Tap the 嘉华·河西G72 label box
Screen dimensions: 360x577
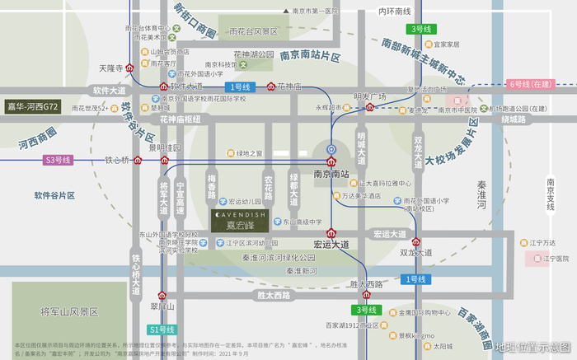[34, 106]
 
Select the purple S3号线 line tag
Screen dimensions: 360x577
[59, 160]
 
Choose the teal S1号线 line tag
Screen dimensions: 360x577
[162, 330]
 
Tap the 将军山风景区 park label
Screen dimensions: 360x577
[69, 312]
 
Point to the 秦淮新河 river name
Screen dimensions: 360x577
[301, 271]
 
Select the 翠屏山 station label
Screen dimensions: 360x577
[163, 306]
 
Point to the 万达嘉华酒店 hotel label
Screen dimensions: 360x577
[361, 196]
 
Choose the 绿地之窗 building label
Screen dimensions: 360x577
[249, 153]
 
